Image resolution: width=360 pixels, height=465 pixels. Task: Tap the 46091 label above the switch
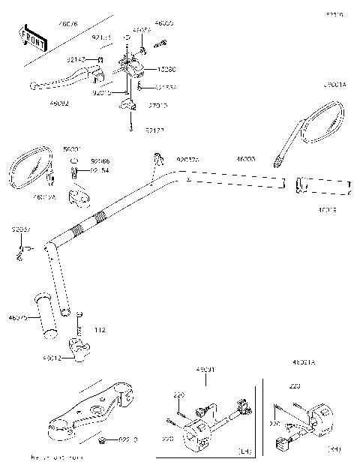tap(205, 370)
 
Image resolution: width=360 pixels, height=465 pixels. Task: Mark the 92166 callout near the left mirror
tap(100, 160)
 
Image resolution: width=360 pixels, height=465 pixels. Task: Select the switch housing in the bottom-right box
tap(307, 421)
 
